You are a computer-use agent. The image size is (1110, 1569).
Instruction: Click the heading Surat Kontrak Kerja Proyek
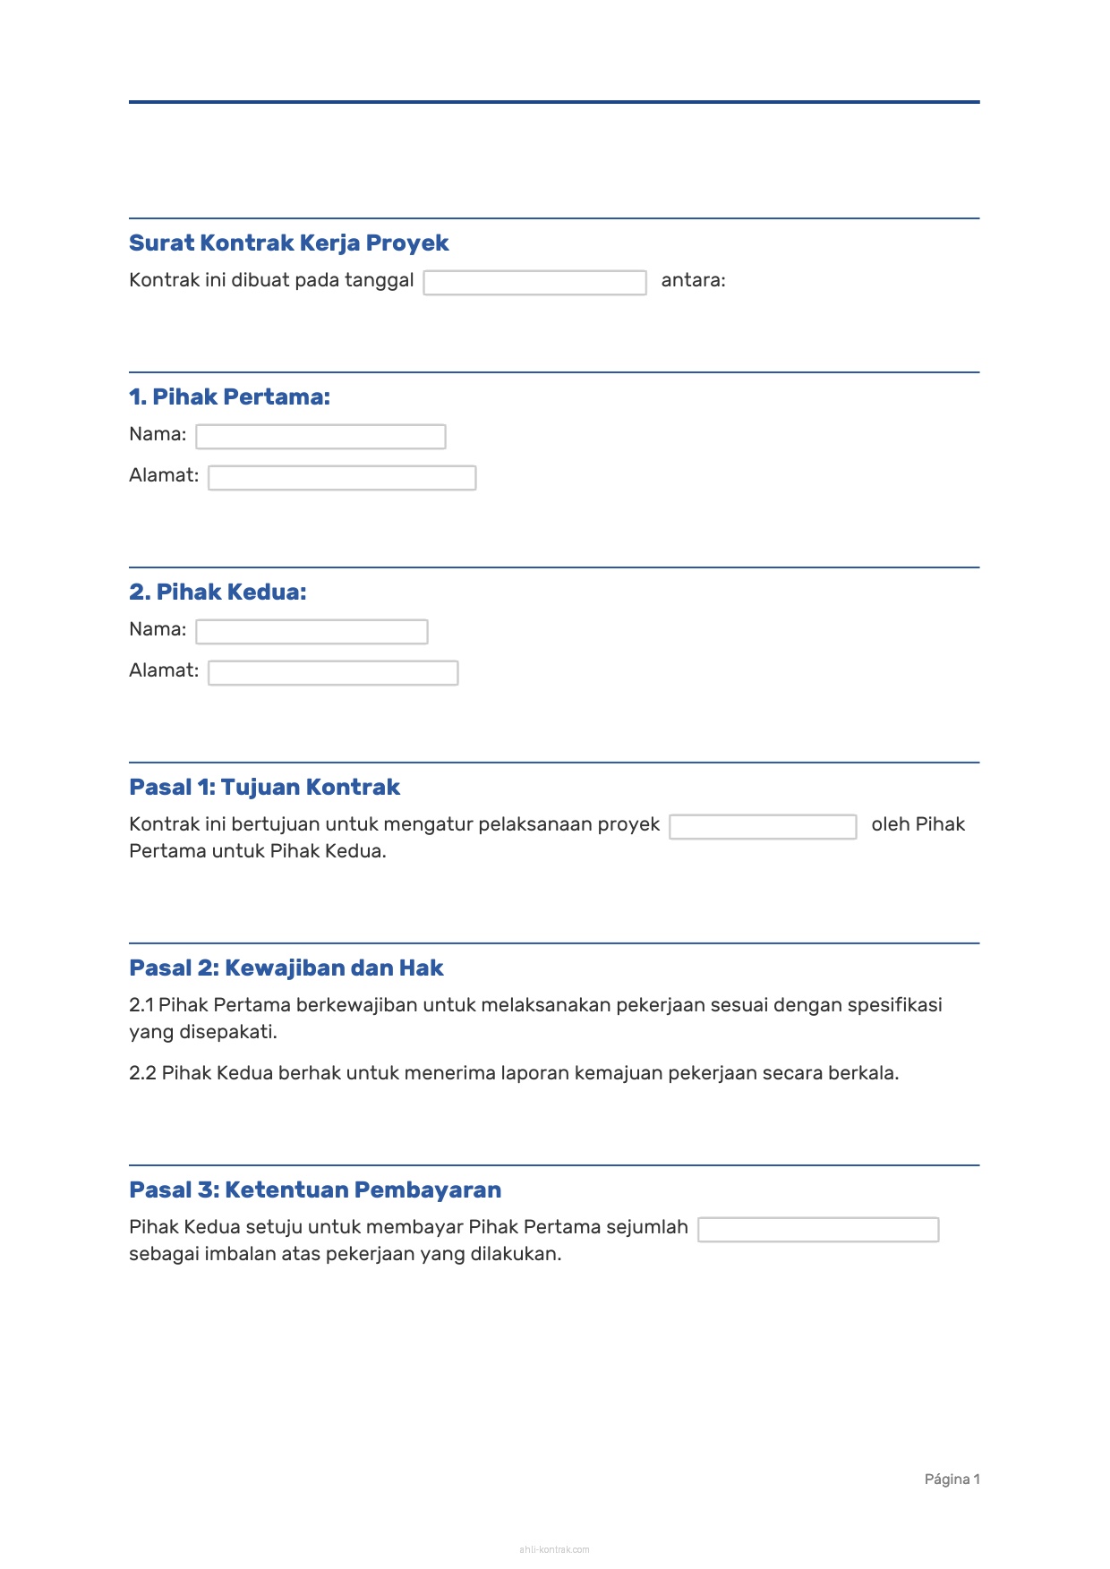coord(288,243)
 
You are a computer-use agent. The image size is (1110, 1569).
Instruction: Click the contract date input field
coord(534,283)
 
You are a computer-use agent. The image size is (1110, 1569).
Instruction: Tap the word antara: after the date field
coord(693,280)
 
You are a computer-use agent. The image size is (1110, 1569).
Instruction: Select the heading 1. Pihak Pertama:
coord(229,397)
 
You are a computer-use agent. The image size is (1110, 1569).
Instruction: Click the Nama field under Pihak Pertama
coord(320,437)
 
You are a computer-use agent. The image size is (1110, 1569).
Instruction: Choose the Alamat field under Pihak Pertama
coord(342,478)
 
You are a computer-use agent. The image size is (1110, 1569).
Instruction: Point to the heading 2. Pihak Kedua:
coord(218,593)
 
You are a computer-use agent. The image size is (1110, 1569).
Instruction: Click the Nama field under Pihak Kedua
coord(312,632)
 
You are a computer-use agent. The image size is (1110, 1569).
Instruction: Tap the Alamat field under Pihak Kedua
coord(333,673)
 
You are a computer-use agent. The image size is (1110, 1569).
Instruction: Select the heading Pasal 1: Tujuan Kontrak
coord(264,788)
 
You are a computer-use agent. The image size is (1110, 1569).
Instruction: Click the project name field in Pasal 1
coord(763,827)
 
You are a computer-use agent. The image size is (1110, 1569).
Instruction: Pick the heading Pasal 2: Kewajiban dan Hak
coord(286,968)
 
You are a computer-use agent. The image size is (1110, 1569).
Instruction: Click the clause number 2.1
coord(141,1005)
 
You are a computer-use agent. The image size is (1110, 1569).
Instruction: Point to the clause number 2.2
coord(142,1073)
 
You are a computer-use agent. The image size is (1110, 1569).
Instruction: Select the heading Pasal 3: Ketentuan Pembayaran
coord(315,1190)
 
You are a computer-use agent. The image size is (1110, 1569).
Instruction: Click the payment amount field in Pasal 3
coord(818,1230)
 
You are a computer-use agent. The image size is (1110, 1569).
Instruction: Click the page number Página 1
coord(952,1479)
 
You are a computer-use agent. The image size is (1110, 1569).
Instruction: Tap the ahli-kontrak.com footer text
coord(554,1549)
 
